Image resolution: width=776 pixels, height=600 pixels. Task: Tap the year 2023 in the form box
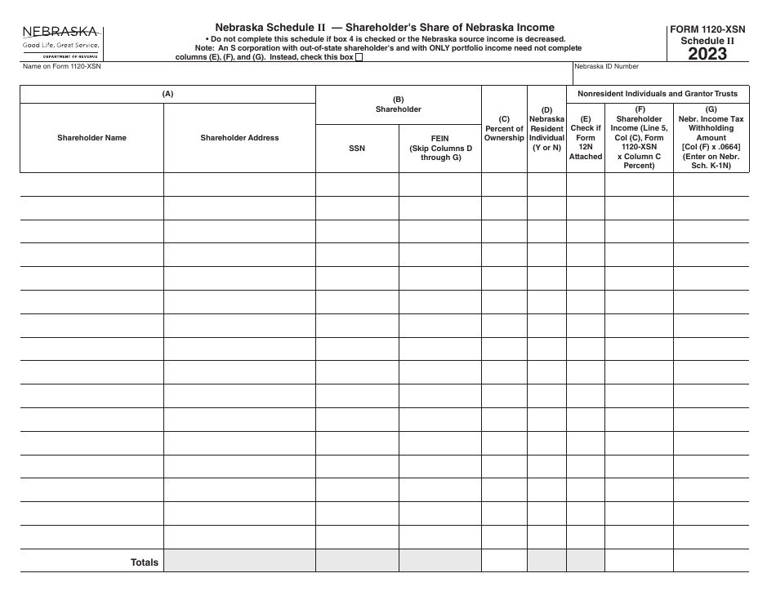(707, 54)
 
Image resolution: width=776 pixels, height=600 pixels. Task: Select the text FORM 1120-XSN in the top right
(707, 28)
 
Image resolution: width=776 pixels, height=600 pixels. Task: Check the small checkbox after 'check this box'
(359, 57)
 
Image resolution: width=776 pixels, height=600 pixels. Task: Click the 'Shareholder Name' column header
(91, 138)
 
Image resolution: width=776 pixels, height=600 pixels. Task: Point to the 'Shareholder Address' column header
(239, 138)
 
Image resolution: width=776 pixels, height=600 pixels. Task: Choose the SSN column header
(357, 149)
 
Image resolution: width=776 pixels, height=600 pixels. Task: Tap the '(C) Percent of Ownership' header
(504, 128)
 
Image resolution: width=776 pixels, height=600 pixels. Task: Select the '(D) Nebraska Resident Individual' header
(546, 128)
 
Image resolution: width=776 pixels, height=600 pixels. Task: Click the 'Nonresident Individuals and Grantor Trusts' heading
(658, 94)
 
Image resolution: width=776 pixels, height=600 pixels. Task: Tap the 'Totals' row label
(145, 562)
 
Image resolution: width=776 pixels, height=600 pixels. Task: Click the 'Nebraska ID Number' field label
(607, 67)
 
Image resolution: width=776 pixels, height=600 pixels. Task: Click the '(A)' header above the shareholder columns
(167, 94)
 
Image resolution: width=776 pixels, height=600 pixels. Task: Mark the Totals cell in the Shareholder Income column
(639, 561)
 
